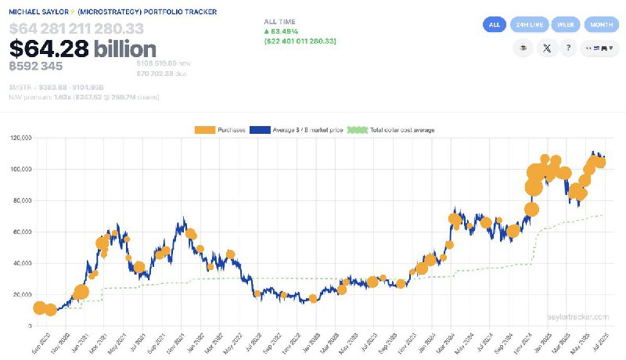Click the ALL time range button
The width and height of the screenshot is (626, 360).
pos(494,24)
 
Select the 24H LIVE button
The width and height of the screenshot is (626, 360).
pos(528,24)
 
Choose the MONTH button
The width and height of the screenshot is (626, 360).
pos(602,24)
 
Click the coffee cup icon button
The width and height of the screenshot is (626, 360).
pos(523,49)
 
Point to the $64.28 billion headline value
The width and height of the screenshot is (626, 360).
pos(83,48)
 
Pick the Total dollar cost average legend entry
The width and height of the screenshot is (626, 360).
pos(390,129)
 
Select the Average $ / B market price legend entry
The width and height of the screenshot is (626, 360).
pos(297,129)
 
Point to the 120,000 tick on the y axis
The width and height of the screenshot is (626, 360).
pos(20,138)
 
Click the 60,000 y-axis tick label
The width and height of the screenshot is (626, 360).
pos(21,232)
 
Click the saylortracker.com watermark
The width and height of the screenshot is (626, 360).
pos(578,317)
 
